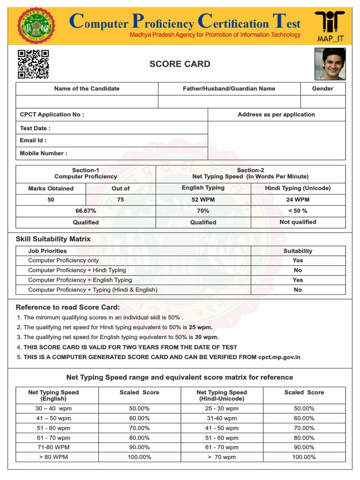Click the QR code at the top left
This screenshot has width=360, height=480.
33,64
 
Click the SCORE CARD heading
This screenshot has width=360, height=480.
180,64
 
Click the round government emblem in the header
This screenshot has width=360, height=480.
35,26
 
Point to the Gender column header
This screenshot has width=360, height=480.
322,89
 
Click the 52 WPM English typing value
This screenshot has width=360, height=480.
203,200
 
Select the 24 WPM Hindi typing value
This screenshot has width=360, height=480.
298,200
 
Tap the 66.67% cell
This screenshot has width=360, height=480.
86,211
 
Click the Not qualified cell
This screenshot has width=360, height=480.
298,222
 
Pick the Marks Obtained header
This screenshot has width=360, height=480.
51,188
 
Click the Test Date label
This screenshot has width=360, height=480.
35,128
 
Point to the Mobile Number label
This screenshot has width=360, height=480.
43,153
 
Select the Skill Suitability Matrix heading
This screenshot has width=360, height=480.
53,239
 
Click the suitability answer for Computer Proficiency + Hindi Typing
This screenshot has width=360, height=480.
298,270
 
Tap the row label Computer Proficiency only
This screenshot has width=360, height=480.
63,261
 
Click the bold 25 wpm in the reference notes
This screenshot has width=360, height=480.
201,327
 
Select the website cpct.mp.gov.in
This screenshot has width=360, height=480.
279,357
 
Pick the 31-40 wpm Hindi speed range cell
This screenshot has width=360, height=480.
222,418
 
